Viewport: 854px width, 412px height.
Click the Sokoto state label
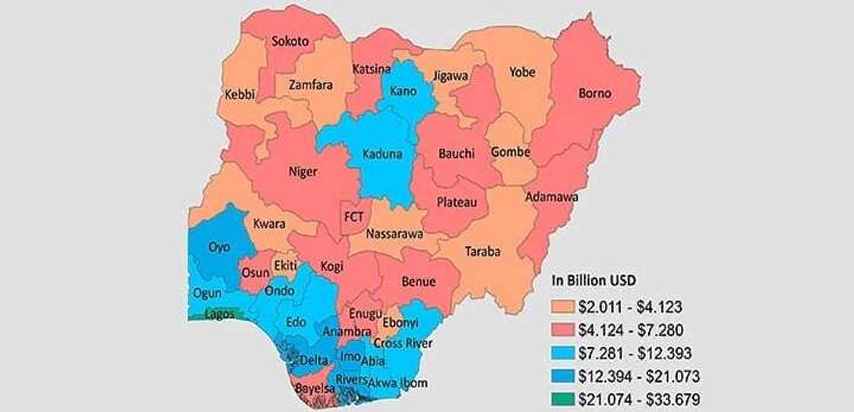(291, 42)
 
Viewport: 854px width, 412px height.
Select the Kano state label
(403, 92)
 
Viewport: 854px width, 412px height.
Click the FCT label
(354, 217)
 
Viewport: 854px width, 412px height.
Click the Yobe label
(522, 72)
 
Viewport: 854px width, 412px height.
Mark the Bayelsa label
(314, 389)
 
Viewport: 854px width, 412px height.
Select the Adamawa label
(551, 197)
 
